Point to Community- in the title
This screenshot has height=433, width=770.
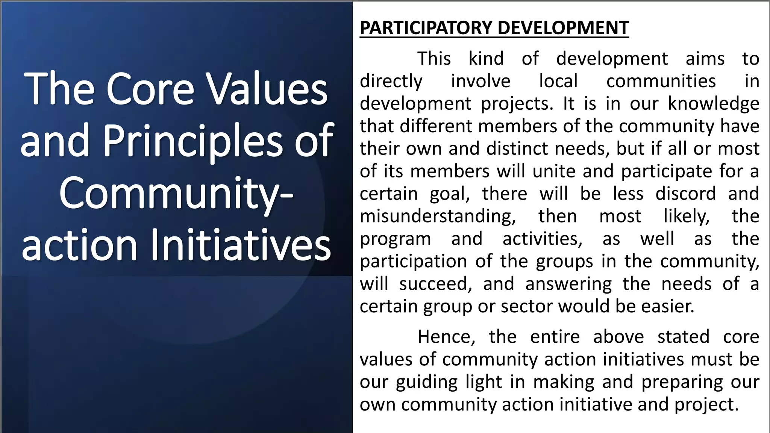176,194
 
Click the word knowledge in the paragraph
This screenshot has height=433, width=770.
713,104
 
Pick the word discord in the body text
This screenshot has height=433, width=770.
685,194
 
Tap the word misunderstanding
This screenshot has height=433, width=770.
438,216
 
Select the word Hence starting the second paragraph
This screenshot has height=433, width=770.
446,337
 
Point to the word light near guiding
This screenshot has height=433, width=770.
484,382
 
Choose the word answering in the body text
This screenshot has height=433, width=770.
568,284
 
